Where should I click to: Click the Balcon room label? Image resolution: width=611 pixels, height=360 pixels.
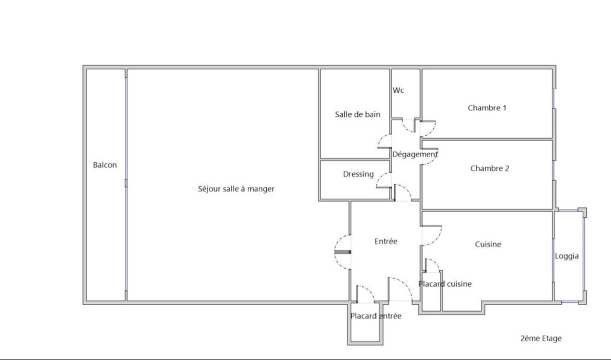[105, 165]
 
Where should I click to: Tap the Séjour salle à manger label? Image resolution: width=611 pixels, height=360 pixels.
[236, 189]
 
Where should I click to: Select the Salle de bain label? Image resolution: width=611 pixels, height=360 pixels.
[357, 114]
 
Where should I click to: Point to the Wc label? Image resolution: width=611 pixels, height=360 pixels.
[398, 90]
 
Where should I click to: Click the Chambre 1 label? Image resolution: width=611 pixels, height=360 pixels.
[487, 108]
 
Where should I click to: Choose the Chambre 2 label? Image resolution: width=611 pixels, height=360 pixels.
[489, 168]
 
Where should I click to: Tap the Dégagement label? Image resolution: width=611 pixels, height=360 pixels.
[415, 154]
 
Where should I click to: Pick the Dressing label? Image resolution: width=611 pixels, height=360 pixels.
[358, 174]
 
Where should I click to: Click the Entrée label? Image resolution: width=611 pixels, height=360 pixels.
[386, 241]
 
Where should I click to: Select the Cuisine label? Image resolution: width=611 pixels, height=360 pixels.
[488, 244]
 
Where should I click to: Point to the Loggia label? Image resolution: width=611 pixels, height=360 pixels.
[567, 256]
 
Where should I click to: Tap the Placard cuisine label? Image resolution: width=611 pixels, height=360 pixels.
[445, 284]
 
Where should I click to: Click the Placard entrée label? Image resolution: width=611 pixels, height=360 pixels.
[376, 316]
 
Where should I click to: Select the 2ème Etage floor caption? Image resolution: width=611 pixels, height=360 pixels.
[541, 338]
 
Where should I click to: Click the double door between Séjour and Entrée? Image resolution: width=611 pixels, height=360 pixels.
[343, 252]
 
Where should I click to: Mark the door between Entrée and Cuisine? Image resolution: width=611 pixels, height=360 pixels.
[431, 235]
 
